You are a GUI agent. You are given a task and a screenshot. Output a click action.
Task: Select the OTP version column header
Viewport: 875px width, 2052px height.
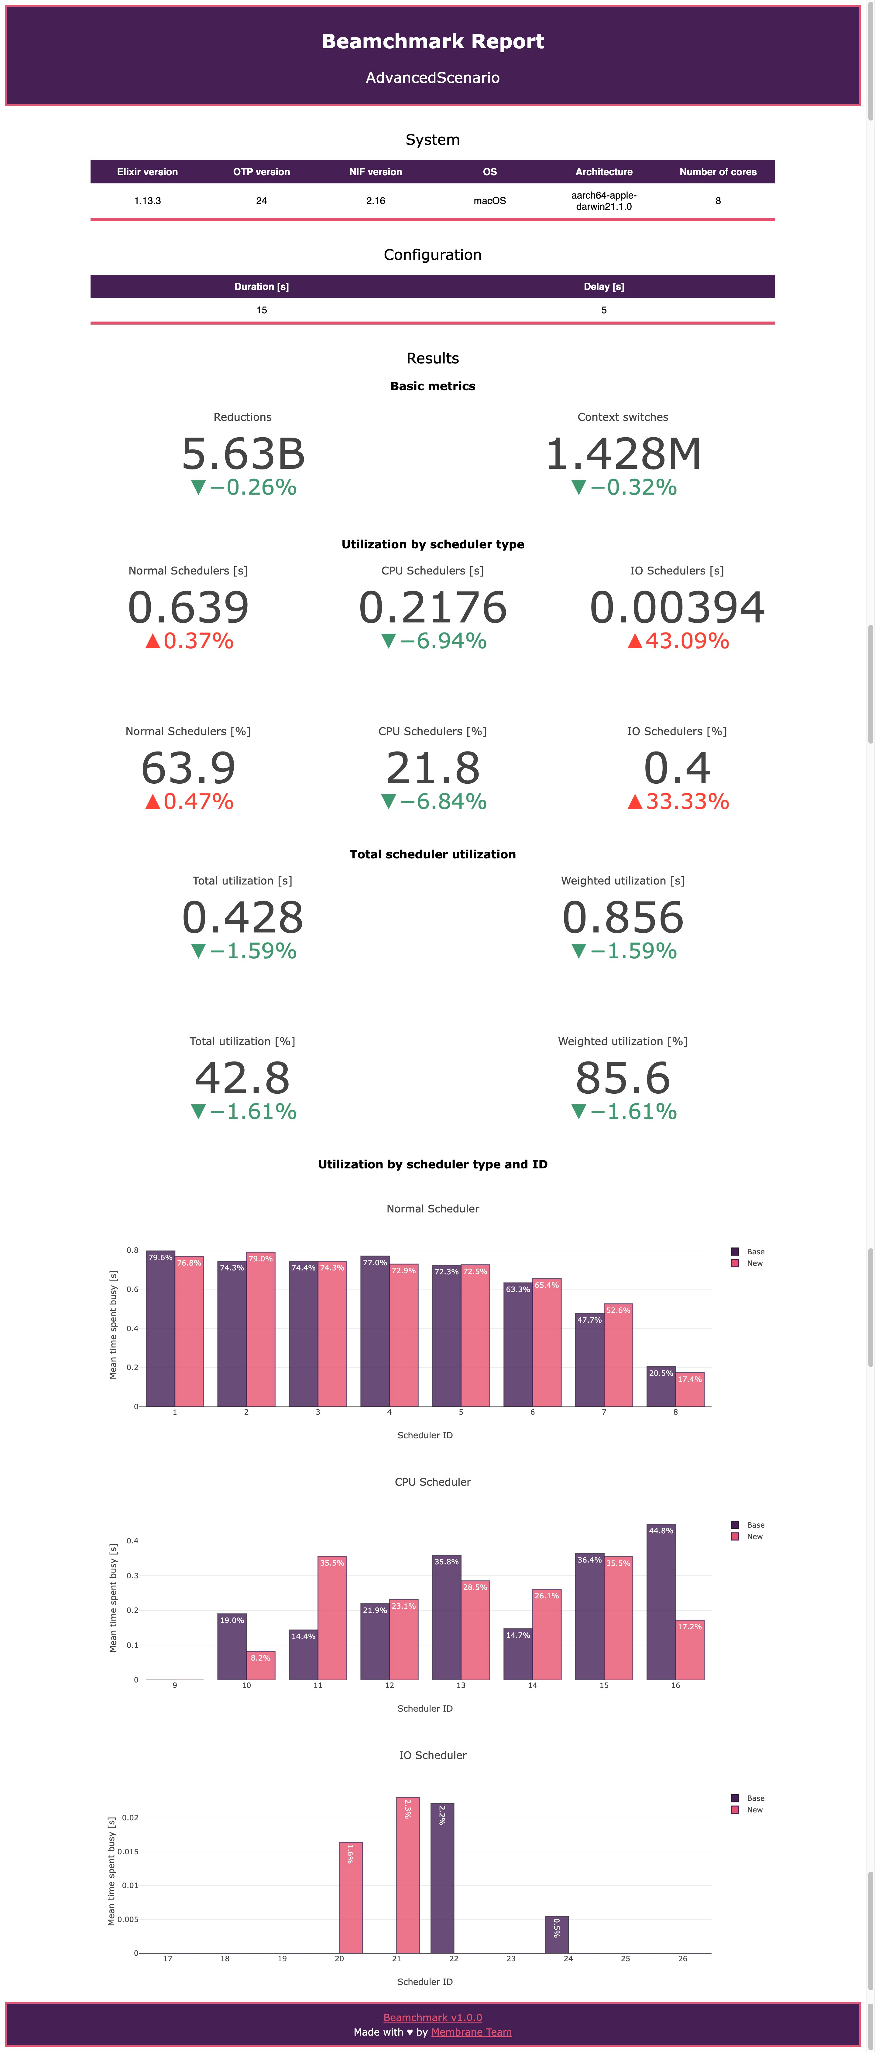(261, 172)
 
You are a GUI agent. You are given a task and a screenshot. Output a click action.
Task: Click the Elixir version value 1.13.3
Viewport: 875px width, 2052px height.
(147, 201)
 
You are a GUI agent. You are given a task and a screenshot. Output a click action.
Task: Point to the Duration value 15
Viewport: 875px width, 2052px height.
(261, 310)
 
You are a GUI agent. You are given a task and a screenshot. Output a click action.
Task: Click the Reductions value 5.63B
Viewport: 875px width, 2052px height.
(243, 454)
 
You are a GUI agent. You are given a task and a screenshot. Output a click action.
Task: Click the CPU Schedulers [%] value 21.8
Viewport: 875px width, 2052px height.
(433, 769)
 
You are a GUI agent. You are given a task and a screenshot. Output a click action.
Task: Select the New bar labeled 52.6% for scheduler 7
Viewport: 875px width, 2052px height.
(618, 1356)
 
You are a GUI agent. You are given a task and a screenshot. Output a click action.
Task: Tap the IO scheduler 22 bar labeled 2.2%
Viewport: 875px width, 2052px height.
(442, 1878)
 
